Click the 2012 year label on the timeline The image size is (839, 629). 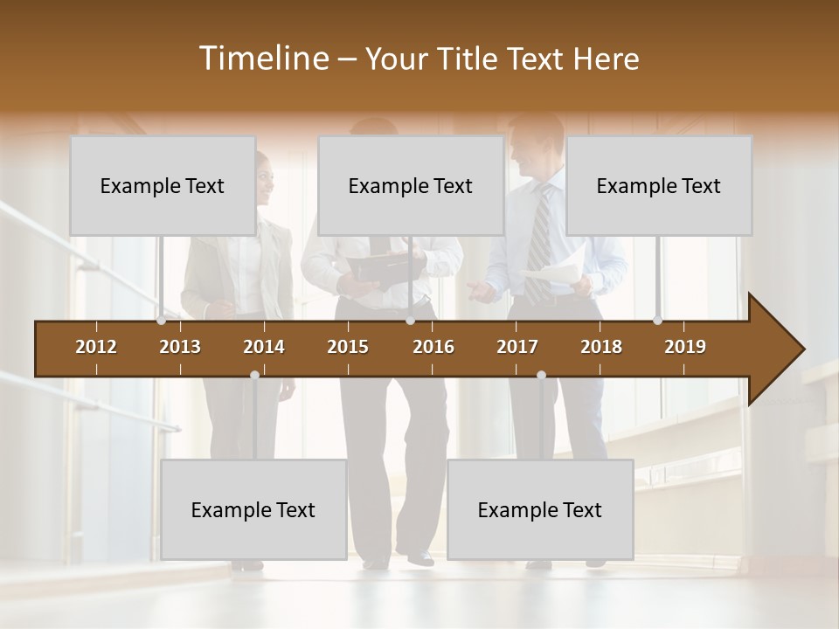(x=96, y=347)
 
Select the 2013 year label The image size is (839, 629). (x=180, y=347)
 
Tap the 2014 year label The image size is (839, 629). (x=264, y=347)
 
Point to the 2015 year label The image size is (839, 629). (x=348, y=347)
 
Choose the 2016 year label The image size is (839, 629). (x=433, y=347)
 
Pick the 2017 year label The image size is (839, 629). (x=517, y=347)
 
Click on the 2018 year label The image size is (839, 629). (x=601, y=347)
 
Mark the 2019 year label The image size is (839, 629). (x=685, y=347)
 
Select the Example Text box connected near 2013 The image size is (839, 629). (x=163, y=185)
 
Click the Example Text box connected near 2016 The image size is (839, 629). (x=411, y=185)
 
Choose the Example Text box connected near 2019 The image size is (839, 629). (x=659, y=185)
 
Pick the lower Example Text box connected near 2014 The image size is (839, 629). (x=253, y=509)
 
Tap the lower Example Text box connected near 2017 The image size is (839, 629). (x=540, y=509)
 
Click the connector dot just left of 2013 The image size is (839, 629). (x=162, y=321)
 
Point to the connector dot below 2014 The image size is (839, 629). (x=254, y=376)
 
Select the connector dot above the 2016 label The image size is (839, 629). (x=410, y=321)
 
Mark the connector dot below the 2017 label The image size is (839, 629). (x=541, y=376)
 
